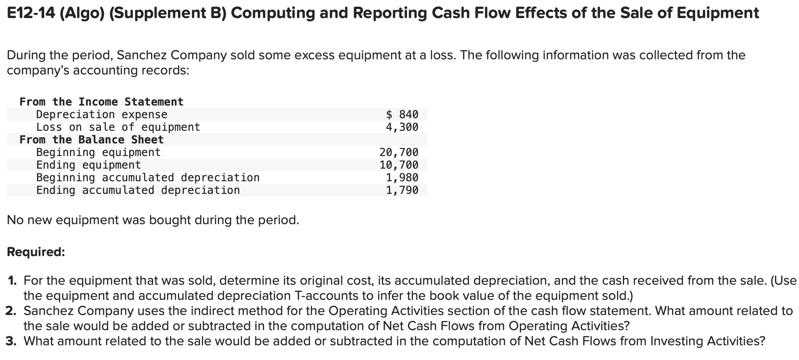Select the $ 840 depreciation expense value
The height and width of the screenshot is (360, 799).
pyautogui.click(x=402, y=114)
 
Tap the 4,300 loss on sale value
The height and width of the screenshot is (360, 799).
pyautogui.click(x=402, y=127)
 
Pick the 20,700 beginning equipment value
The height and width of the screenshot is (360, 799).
pyautogui.click(x=399, y=152)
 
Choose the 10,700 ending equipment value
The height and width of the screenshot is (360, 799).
pyautogui.click(x=399, y=165)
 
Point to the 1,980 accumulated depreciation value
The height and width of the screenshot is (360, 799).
pyautogui.click(x=402, y=177)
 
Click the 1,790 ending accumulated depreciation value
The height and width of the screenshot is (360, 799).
pyautogui.click(x=402, y=190)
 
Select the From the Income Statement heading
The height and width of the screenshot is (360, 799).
pyautogui.click(x=101, y=102)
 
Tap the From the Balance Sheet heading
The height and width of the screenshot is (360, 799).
pyautogui.click(x=91, y=140)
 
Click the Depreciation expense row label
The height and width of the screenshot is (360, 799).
pyautogui.click(x=102, y=114)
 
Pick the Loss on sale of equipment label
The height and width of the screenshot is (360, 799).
pyautogui.click(x=118, y=127)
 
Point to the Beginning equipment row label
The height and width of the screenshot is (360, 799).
pyautogui.click(x=98, y=152)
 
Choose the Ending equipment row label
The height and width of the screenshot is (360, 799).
pyautogui.click(x=88, y=165)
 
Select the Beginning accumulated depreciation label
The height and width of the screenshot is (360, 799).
pyautogui.click(x=148, y=177)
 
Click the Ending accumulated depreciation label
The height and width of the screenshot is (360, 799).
pyautogui.click(x=138, y=190)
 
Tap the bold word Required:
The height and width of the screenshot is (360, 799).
pyautogui.click(x=36, y=252)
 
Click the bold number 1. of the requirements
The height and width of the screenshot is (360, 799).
pyautogui.click(x=13, y=281)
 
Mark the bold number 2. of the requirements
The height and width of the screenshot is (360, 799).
pyautogui.click(x=12, y=311)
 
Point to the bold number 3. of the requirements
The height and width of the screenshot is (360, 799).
pyautogui.click(x=12, y=341)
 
